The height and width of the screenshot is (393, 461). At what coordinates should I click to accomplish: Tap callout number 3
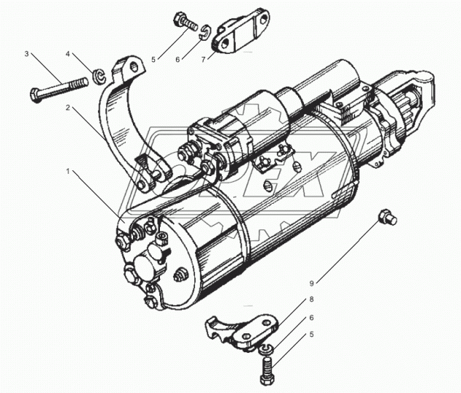(27, 54)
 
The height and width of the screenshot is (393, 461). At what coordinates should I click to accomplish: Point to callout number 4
(69, 55)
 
